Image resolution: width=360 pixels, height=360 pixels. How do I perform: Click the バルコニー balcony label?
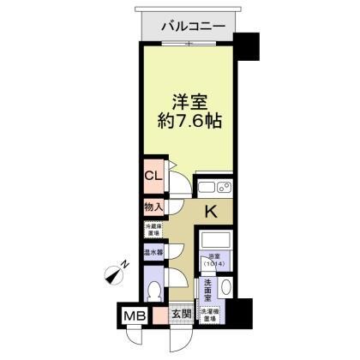195,27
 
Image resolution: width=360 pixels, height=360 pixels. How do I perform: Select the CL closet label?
153,177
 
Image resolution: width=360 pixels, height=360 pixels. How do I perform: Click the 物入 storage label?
153,207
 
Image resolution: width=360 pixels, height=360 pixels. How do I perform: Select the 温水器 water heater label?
153,253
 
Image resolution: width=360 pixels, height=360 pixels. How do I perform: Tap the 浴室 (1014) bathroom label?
214,261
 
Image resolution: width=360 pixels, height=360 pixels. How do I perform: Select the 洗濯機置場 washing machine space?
213,315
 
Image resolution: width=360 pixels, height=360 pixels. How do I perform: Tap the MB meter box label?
135,315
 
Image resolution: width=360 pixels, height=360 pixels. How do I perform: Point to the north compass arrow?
113,274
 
